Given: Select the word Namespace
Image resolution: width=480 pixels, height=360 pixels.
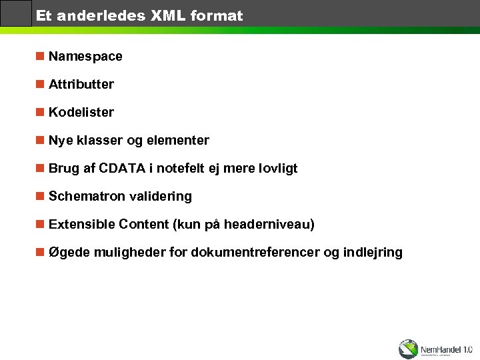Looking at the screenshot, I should click(x=85, y=57).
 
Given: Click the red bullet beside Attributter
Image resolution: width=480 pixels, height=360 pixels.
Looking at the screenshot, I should click(x=40, y=84).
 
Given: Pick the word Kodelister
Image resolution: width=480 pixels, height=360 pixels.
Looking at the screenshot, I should click(x=81, y=113).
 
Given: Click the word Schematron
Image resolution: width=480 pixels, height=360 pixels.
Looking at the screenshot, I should click(x=83, y=197).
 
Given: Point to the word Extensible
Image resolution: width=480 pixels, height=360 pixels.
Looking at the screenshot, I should click(x=82, y=225).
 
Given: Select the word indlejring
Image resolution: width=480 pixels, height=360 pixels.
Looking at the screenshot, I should click(x=373, y=253).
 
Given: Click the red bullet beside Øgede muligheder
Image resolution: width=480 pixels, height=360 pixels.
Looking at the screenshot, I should click(x=40, y=252).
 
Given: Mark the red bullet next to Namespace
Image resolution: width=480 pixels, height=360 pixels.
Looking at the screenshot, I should click(x=40, y=56).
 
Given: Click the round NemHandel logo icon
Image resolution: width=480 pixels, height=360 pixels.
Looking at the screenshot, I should click(x=408, y=349).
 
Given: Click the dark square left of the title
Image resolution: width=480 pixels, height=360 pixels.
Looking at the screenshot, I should click(x=16, y=13).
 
